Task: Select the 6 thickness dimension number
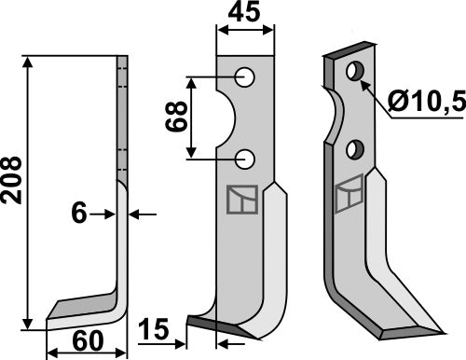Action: (x=79, y=214)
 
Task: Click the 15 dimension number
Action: (x=155, y=330)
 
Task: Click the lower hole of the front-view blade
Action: (x=245, y=159)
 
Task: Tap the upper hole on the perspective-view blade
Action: (x=354, y=71)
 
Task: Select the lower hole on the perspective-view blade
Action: (x=354, y=148)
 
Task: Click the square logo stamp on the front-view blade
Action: (x=239, y=200)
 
